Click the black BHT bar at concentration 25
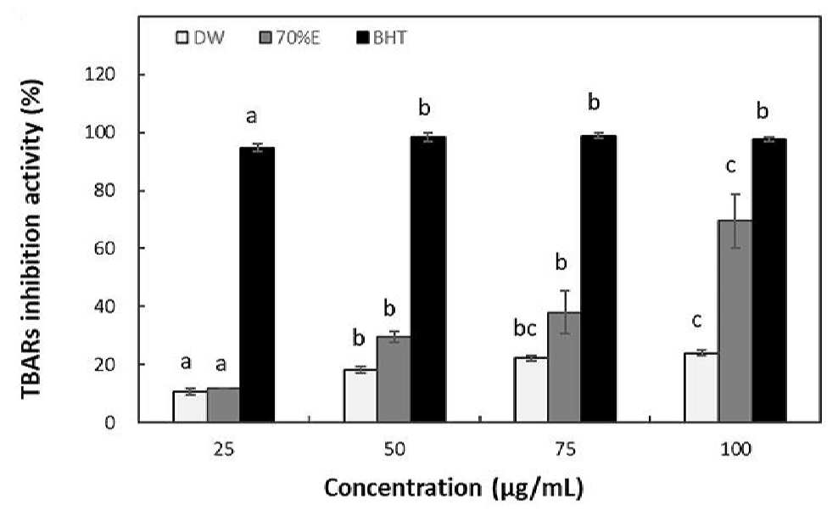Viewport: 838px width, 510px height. point(257,284)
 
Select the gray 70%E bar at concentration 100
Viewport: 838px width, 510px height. point(735,321)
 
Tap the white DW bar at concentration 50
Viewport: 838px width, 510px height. point(360,395)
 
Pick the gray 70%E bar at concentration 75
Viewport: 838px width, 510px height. point(564,367)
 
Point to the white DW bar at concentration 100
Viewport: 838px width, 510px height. point(701,388)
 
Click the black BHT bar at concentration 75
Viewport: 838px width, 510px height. point(598,278)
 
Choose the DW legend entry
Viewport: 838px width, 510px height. point(200,38)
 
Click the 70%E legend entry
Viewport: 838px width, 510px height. point(290,38)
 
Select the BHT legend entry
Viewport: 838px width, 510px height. point(382,38)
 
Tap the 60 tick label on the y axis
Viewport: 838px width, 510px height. point(105,248)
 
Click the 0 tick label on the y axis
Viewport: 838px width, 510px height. point(110,423)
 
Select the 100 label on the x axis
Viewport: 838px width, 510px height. point(735,449)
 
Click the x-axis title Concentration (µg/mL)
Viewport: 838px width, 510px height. point(453,488)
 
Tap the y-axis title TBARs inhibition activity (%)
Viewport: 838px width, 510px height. point(31,238)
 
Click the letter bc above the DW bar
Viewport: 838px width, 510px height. point(525,328)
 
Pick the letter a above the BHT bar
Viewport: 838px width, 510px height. point(251,116)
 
